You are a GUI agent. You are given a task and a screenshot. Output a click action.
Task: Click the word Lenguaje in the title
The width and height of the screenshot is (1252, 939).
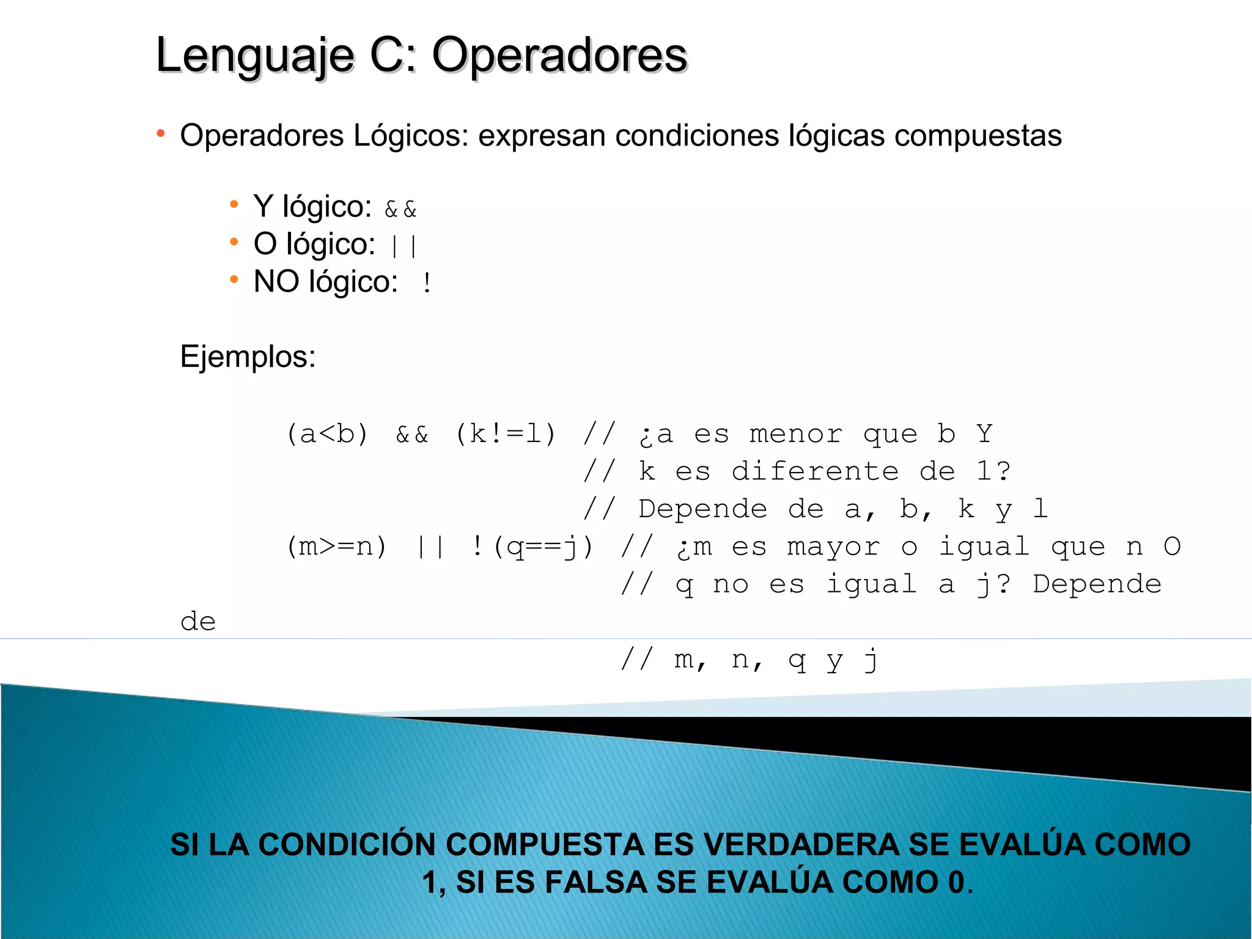255,56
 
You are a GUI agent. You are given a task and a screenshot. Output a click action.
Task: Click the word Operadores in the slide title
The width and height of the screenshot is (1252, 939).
559,56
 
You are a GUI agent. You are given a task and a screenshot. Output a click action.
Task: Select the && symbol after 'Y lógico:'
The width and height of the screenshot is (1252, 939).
400,210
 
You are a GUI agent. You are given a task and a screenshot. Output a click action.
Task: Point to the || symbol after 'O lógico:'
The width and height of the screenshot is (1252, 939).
404,246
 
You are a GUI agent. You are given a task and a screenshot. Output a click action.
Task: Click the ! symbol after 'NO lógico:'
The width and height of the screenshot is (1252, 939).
427,283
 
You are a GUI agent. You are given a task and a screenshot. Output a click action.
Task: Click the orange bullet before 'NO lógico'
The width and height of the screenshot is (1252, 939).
234,280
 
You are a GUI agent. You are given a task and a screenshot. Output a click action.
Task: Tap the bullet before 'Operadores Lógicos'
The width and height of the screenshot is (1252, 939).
160,133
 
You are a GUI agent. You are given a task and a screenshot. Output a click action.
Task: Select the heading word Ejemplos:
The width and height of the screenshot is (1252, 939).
248,356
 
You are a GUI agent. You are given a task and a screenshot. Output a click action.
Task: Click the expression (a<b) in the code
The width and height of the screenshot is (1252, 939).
327,435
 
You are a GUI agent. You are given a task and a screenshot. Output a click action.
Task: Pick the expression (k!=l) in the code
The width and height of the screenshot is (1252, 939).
506,435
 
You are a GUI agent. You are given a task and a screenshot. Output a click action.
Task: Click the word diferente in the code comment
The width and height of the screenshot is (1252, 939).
815,472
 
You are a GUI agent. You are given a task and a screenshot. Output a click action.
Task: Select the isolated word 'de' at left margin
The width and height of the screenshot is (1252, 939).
198,622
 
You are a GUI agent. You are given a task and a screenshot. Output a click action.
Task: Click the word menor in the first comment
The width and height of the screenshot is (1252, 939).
796,435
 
